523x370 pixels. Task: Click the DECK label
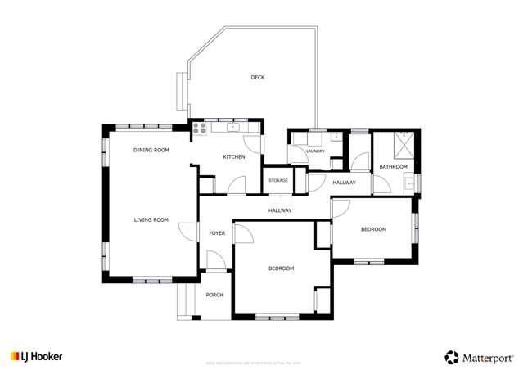point(258,77)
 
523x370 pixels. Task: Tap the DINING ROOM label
point(151,150)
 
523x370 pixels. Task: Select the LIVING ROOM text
point(151,219)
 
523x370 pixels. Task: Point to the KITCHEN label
point(234,156)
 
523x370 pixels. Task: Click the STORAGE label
point(277,179)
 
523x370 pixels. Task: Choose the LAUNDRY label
point(315,151)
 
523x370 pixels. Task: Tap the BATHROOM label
point(393,167)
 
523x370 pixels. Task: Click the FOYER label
point(217,233)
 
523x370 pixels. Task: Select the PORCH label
point(214,295)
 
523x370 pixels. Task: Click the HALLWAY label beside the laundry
point(344,182)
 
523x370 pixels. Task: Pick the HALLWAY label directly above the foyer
point(280,210)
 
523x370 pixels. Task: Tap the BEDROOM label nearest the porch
point(281,268)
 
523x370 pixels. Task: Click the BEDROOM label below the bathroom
point(373,229)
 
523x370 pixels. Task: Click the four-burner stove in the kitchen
point(199,127)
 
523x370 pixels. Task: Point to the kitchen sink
point(233,127)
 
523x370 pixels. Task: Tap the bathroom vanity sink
point(410,184)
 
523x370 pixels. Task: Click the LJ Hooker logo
point(36,356)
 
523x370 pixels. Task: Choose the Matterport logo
point(479,356)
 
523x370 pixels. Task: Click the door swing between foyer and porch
point(214,262)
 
